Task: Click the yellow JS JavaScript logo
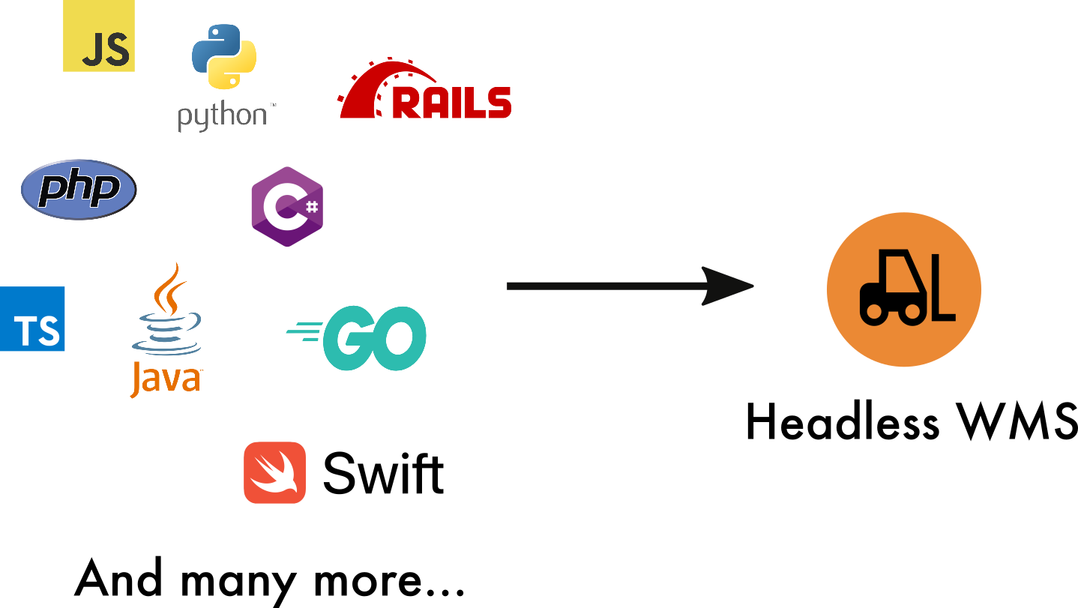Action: click(x=99, y=36)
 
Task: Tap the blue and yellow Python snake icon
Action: click(x=224, y=56)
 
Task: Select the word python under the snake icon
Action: click(x=222, y=117)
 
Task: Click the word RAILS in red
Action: click(x=452, y=103)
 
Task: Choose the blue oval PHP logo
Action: click(x=79, y=189)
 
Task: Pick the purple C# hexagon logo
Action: click(x=286, y=207)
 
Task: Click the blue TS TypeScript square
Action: click(x=32, y=319)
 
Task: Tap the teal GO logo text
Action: click(x=375, y=338)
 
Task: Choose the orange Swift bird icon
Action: click(x=274, y=472)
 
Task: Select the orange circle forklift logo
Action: click(x=903, y=289)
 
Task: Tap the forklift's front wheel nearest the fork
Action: click(x=912, y=312)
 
